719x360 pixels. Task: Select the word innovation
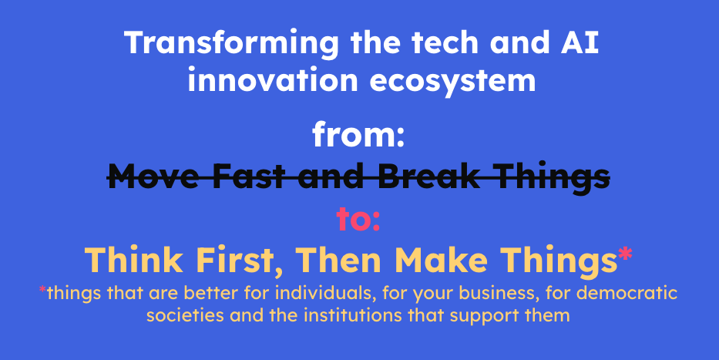pyautogui.click(x=272, y=81)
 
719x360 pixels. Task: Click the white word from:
pyautogui.click(x=358, y=135)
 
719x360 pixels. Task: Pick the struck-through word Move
pyautogui.click(x=153, y=177)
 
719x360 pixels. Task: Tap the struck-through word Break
pyautogui.click(x=429, y=177)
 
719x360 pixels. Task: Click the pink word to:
pyautogui.click(x=358, y=219)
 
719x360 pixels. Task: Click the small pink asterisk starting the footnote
pyautogui.click(x=42, y=290)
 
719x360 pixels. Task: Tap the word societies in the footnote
pyautogui.click(x=186, y=315)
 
